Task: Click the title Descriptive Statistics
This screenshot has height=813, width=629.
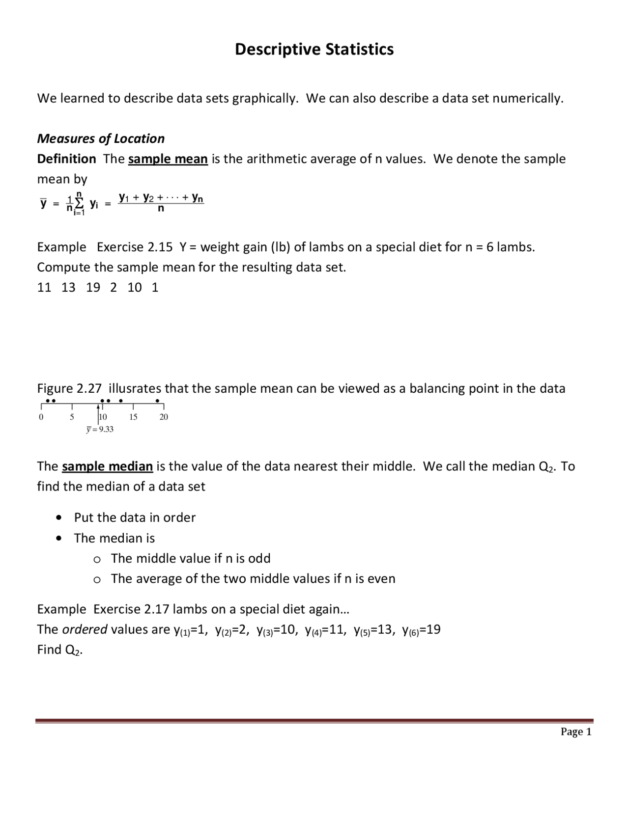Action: coord(314,49)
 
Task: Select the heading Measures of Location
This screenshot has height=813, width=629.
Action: coord(101,138)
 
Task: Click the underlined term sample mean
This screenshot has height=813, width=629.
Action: coord(168,159)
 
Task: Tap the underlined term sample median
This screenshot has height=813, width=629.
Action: coord(107,466)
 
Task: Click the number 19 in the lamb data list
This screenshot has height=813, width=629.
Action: coord(93,287)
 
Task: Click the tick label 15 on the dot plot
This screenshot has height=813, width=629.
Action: coord(133,417)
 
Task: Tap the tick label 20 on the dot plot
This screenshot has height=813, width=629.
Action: coord(164,417)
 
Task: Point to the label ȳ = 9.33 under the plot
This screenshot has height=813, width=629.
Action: coord(100,429)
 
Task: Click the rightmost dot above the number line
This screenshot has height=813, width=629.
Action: coord(157,401)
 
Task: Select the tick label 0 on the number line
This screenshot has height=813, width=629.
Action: coord(41,417)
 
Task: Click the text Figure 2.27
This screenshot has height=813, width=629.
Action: coord(69,388)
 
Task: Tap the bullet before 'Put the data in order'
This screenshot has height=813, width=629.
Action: coord(59,517)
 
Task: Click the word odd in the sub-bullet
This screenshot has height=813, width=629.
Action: coord(259,558)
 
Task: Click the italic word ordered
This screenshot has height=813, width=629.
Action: coord(85,629)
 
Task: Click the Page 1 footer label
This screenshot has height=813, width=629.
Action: coord(576,732)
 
